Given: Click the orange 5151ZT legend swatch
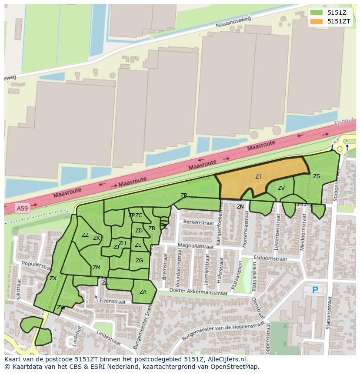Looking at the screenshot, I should tap(317, 21).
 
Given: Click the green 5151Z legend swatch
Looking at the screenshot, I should tap(317, 13).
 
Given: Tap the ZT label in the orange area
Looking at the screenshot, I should tap(259, 177).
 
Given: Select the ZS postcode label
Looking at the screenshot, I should tap(317, 176).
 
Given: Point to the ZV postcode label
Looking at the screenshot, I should tap(281, 188).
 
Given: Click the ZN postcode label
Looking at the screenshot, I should tap(240, 207).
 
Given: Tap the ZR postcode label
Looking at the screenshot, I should tap(184, 195).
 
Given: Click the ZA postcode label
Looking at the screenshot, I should tap(143, 292).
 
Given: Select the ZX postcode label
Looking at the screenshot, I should tap(53, 278).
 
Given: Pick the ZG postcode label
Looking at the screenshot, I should tap(139, 261).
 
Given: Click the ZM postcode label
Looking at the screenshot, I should tap(97, 268).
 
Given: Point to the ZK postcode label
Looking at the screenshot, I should tap(97, 238).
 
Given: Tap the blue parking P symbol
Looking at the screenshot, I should tap(315, 290).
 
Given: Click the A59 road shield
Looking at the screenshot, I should tap(22, 209).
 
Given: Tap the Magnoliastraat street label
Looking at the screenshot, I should tap(196, 246).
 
